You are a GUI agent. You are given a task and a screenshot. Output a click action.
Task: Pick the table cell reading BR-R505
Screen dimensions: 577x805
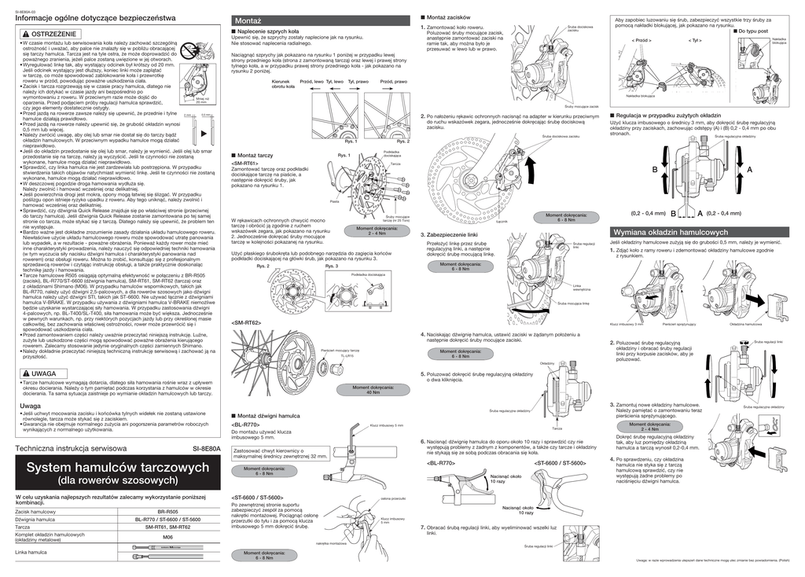pyautogui.click(x=167, y=512)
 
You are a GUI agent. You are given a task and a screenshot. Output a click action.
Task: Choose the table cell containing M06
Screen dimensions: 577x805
pyautogui.click(x=167, y=538)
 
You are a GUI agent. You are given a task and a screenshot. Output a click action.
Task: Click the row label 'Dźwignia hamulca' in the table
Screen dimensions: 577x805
pyautogui.click(x=35, y=520)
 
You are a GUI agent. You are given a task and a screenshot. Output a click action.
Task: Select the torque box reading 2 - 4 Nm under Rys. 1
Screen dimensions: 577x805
pyautogui.click(x=377, y=231)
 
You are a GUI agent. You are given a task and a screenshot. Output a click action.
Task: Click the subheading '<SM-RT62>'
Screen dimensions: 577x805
pyautogui.click(x=246, y=322)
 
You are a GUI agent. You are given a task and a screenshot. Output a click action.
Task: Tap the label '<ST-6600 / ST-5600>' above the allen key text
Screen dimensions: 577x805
pyautogui.click(x=257, y=498)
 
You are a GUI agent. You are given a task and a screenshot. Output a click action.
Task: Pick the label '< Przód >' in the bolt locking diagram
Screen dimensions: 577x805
pyautogui.click(x=641, y=39)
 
